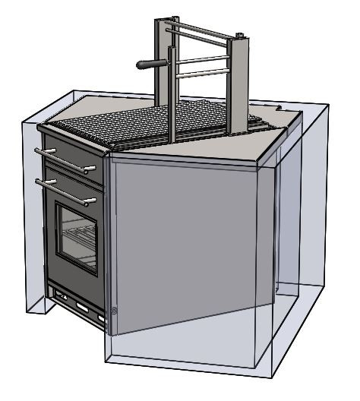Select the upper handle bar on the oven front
(65, 159)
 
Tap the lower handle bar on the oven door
(65, 191)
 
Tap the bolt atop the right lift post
(240, 35)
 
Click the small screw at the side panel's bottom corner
(114, 310)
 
